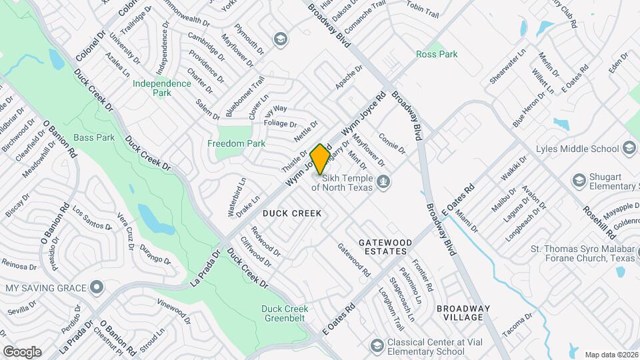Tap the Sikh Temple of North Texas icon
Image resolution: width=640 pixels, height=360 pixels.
point(383,181)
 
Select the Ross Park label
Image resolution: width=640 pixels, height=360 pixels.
point(437,54)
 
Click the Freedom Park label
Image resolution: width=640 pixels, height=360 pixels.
point(236,143)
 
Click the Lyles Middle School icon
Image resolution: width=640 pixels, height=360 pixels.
point(628,148)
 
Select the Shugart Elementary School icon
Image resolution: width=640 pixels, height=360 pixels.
point(579,180)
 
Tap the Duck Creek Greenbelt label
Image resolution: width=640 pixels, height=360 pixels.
point(285,313)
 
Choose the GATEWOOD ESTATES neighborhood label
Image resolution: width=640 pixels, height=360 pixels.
point(383,247)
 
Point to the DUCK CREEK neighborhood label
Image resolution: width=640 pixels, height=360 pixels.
point(292,213)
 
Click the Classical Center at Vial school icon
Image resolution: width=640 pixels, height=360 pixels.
point(376,346)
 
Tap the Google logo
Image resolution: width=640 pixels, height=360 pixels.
point(21,352)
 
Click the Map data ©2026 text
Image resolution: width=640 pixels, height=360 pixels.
point(611,354)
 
